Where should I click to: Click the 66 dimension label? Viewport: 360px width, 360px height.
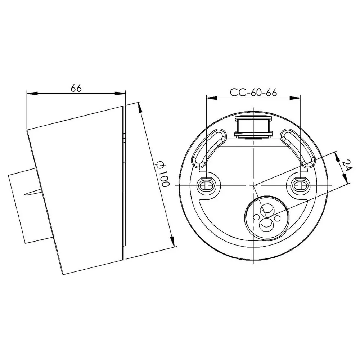(76, 88)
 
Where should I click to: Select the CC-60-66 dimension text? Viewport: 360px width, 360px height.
(253, 92)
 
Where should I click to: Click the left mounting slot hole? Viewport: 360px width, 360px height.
(207, 185)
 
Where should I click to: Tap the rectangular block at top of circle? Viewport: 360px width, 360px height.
(253, 127)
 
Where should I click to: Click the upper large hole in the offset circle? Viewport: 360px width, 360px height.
(267, 209)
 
